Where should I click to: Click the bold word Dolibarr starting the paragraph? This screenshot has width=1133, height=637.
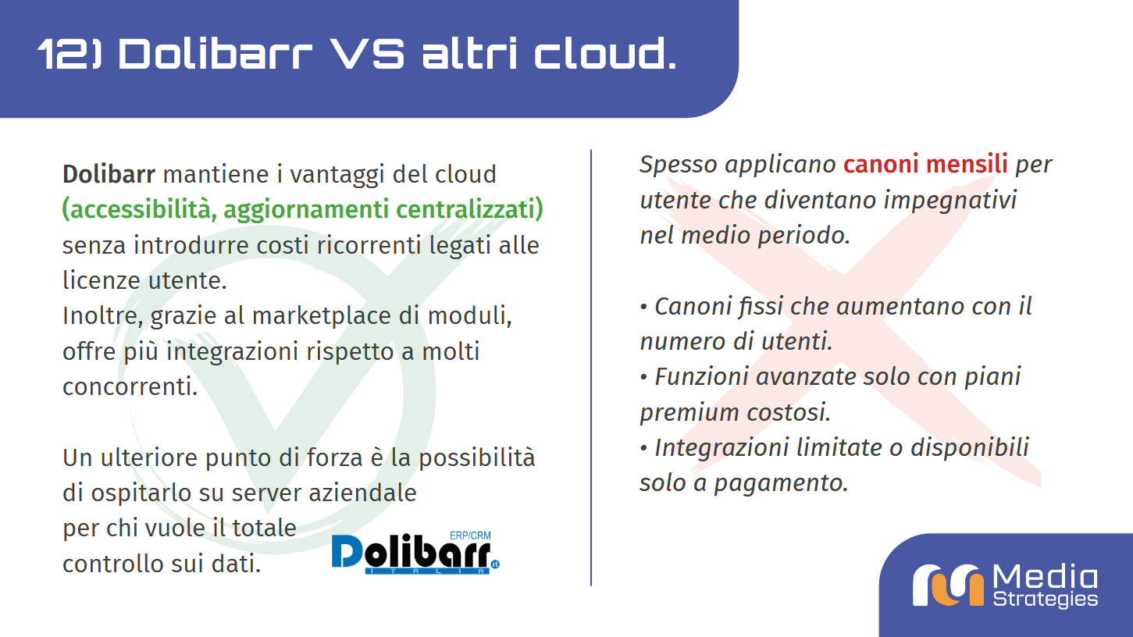point(109,173)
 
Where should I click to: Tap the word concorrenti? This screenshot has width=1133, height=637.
point(130,387)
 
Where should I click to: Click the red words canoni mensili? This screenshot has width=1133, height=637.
point(925,165)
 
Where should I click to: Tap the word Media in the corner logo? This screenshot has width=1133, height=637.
point(1045,578)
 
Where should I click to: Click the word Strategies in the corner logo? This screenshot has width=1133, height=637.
point(1045,600)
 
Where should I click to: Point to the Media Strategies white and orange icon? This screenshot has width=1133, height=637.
point(948,584)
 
